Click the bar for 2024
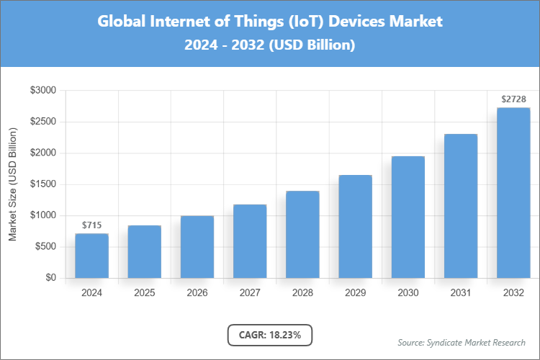pyautogui.click(x=91, y=256)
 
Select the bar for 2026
pyautogui.click(x=197, y=247)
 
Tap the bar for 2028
pyautogui.click(x=302, y=235)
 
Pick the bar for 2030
pyautogui.click(x=408, y=217)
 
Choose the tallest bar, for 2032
pyautogui.click(x=513, y=193)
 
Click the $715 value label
pyautogui.click(x=91, y=225)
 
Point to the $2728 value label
pyautogui.click(x=513, y=99)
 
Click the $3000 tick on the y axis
pyautogui.click(x=42, y=91)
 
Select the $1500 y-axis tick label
pyautogui.click(x=42, y=184)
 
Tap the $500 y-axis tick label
pyautogui.click(x=45, y=247)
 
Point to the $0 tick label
pyautogui.click(x=50, y=278)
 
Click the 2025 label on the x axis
pyautogui.click(x=144, y=293)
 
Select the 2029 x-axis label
pyautogui.click(x=355, y=293)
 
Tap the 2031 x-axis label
pyautogui.click(x=460, y=293)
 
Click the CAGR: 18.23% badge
pyautogui.click(x=270, y=335)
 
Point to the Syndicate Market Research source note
pyautogui.click(x=461, y=342)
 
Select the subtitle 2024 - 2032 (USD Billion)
pyautogui.click(x=270, y=45)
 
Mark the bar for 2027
pyautogui.click(x=249, y=241)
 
